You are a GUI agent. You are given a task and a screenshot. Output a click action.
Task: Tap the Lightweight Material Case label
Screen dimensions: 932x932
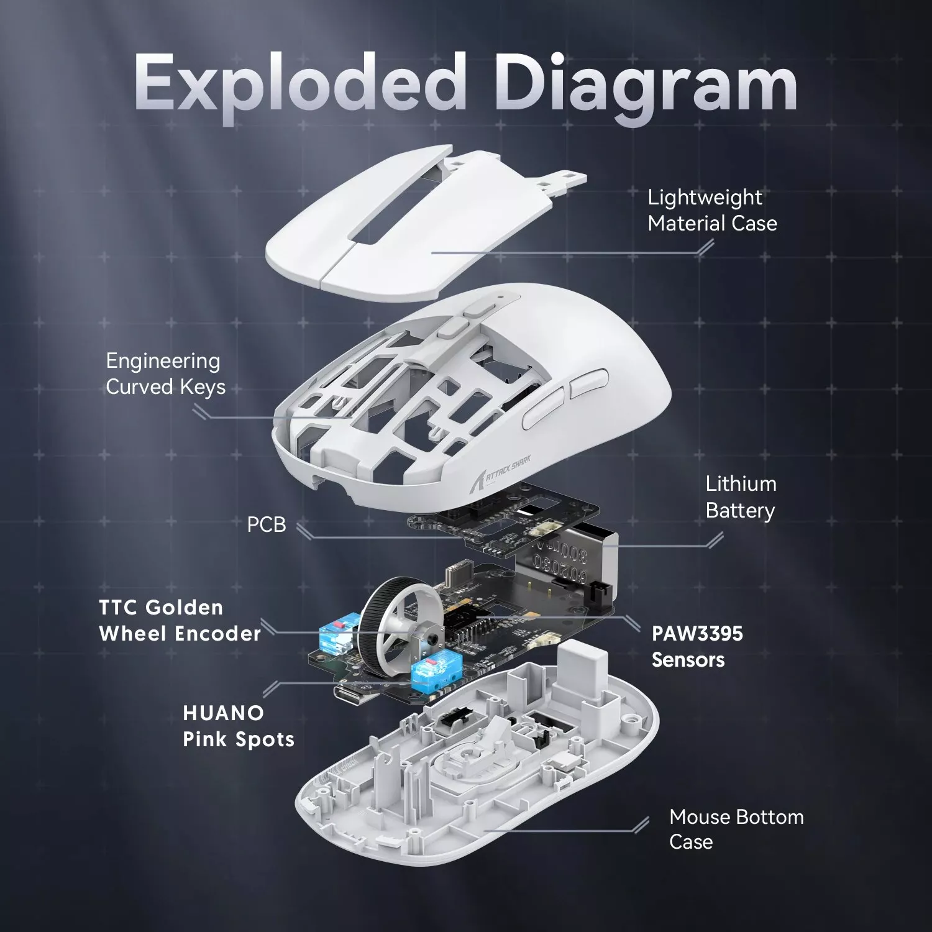[711, 210]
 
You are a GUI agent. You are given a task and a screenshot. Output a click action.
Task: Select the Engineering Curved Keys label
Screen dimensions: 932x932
[165, 373]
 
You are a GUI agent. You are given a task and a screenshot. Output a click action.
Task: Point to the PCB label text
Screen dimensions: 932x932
[267, 524]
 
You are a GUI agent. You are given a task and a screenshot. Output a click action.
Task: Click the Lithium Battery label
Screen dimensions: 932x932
[741, 497]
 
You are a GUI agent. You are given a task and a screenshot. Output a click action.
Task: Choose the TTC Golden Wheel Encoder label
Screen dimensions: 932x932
[180, 620]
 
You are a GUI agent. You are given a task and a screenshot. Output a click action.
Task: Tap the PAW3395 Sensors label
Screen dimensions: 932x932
[697, 646]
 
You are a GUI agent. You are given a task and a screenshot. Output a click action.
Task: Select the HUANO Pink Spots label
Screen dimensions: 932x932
[238, 726]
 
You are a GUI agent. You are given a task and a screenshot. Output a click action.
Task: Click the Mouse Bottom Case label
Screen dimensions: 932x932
[736, 829]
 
